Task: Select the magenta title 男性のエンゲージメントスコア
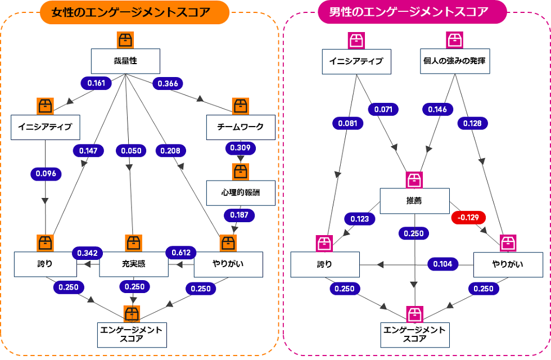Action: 412,12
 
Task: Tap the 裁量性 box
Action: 126,61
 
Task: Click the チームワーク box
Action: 240,127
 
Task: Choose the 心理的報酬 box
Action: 240,193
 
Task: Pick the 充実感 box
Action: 134,264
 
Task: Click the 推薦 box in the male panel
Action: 414,200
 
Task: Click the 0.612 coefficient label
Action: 181,252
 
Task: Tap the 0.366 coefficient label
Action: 168,83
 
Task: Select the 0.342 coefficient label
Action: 87,252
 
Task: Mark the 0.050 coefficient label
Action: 130,150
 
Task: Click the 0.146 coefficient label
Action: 437,109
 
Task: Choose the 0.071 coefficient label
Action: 383,109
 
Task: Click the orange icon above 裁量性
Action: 125,40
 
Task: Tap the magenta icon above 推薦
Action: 414,179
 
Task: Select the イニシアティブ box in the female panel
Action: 45,127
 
